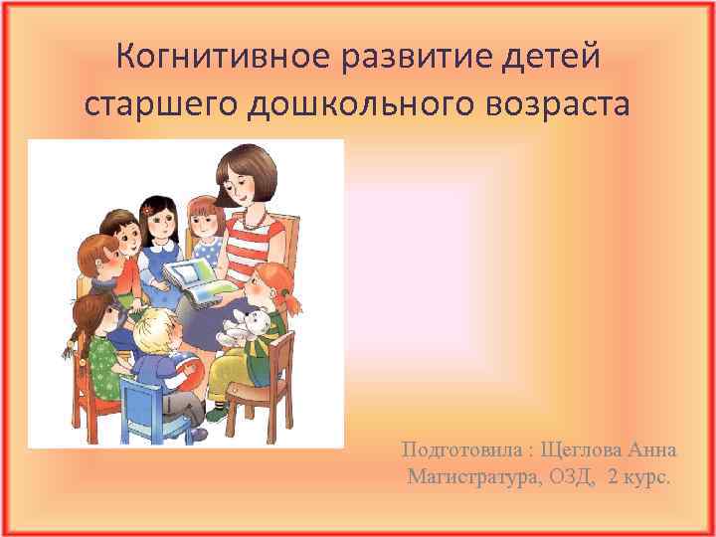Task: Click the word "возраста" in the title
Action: point(557,102)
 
